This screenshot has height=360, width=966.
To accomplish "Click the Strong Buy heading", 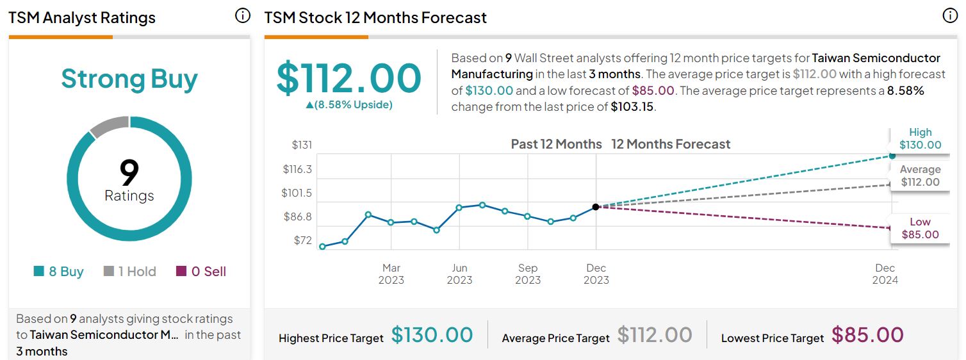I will (129, 79).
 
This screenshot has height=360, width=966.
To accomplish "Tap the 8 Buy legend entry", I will (59, 272).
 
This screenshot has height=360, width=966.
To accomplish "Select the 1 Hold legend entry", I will (130, 272).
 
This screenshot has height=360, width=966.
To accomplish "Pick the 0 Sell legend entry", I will (201, 272).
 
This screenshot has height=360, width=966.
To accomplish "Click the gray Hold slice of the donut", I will (110, 126).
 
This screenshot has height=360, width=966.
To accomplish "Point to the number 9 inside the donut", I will (129, 172).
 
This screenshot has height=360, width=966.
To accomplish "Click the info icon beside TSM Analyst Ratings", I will (243, 16).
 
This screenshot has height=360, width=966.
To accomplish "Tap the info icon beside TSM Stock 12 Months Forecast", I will (949, 16).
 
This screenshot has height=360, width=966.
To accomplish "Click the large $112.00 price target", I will (349, 78).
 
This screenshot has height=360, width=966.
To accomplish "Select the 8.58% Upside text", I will (349, 104).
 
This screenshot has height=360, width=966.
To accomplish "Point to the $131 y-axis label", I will (302, 145).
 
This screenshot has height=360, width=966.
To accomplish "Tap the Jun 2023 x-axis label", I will (459, 274).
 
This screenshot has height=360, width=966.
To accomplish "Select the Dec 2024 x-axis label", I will (885, 274).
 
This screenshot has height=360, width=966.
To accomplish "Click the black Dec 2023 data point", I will (596, 207).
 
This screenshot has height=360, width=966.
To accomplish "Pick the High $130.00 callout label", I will (920, 138).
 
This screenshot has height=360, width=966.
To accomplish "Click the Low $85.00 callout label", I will (920, 228).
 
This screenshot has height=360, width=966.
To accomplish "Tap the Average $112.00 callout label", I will (920, 176).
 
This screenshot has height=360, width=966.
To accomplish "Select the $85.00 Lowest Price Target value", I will (867, 335).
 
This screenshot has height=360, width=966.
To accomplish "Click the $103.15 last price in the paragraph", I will (632, 107).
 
